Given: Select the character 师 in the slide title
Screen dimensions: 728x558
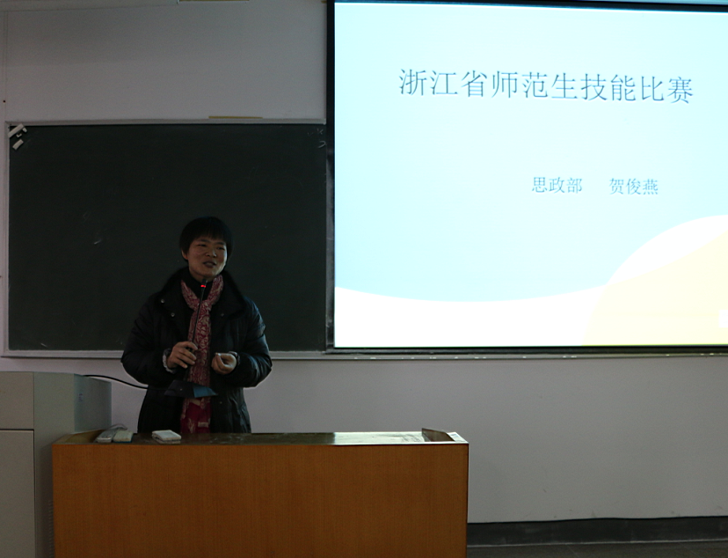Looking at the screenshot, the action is pyautogui.click(x=504, y=85).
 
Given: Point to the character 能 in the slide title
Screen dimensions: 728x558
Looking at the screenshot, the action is pyautogui.click(x=622, y=87).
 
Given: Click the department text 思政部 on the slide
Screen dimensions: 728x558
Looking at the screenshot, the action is pyautogui.click(x=557, y=185).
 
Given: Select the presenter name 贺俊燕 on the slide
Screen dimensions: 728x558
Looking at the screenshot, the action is pyautogui.click(x=634, y=187).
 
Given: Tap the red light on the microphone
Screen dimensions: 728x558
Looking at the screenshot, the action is pyautogui.click(x=203, y=285).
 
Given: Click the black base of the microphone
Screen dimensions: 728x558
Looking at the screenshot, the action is pyautogui.click(x=190, y=389).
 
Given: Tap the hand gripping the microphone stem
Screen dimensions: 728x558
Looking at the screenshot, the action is pyautogui.click(x=182, y=356).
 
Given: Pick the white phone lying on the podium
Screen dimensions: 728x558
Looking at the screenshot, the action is pyautogui.click(x=166, y=436).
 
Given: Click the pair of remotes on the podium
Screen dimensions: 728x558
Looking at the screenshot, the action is pyautogui.click(x=114, y=435).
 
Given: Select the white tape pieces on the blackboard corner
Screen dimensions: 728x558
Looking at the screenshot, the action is pyautogui.click(x=17, y=136).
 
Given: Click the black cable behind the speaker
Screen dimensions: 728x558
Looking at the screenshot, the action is pyautogui.click(x=116, y=380).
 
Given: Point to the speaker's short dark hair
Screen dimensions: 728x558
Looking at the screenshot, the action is pyautogui.click(x=206, y=231).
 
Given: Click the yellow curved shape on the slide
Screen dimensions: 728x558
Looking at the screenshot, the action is pyautogui.click(x=659, y=297).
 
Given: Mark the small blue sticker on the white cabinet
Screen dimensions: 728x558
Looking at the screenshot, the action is pyautogui.click(x=80, y=398).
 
